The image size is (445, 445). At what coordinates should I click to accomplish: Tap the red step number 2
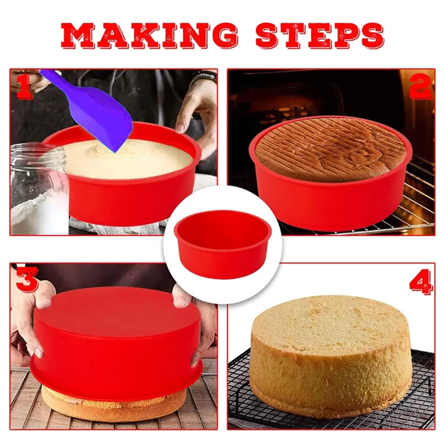421,86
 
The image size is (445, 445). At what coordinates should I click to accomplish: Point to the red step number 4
421,281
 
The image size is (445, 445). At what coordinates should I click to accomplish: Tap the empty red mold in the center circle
223,244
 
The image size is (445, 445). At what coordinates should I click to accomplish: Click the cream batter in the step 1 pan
126,159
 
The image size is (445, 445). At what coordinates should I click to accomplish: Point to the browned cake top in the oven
331,149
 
